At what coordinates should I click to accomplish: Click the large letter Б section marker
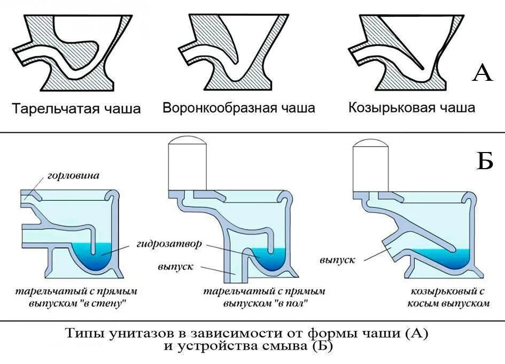tap(484, 160)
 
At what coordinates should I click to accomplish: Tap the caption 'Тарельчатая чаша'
tap(76, 109)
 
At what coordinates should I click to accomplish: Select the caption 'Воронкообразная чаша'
tap(239, 108)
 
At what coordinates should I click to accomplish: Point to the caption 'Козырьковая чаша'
tap(411, 108)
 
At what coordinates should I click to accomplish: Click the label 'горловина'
tap(73, 176)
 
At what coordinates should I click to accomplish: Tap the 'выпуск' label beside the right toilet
tap(338, 260)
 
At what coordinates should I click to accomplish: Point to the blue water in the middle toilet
tap(272, 260)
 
